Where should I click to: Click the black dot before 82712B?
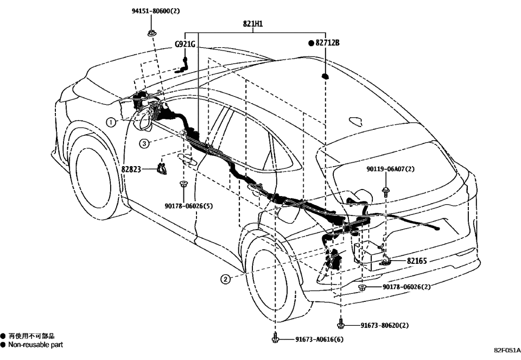coord(312,42)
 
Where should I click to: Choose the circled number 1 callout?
coord(111,122)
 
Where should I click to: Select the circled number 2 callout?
coord(225,279)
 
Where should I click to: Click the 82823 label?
coord(132,169)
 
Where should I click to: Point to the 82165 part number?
coord(417,261)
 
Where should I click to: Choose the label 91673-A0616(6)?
coord(319,340)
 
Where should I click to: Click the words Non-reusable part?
coord(35,345)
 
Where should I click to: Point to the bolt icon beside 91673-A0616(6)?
coord(276,339)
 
